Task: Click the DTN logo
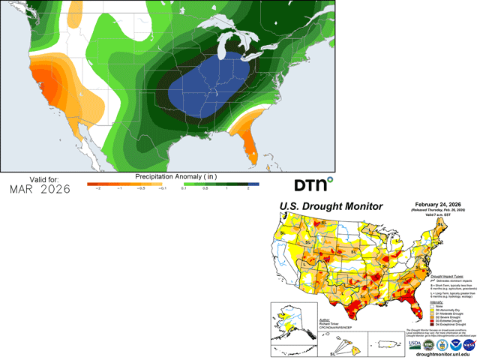[313, 185]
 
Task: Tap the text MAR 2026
[40, 189]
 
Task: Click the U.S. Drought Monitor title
[331, 206]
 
